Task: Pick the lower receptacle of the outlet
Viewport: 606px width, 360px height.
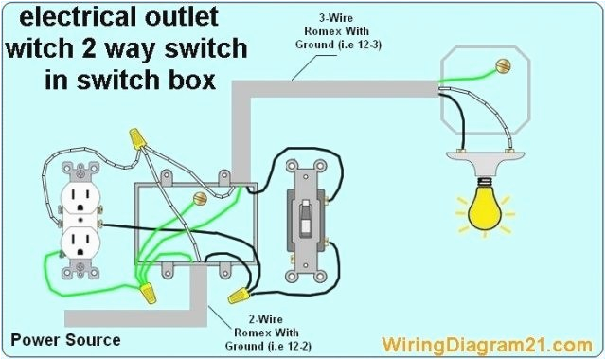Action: pos(77,244)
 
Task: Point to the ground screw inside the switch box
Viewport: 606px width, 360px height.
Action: pos(199,199)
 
